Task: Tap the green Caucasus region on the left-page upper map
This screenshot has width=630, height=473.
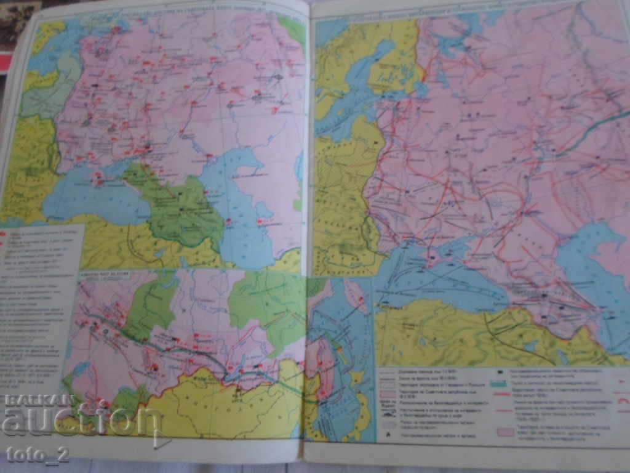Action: click(x=178, y=209)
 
